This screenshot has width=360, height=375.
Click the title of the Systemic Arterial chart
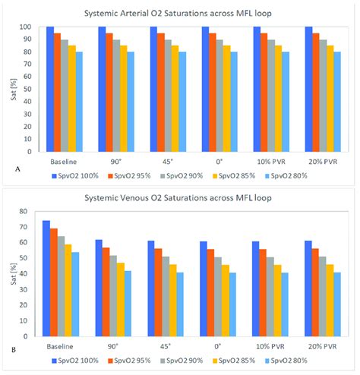click(178, 13)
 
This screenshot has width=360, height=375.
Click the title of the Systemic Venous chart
click(178, 197)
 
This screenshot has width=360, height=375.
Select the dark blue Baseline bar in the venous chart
click(46, 279)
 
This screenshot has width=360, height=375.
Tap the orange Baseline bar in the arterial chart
click(57, 93)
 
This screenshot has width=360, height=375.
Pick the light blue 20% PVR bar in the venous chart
click(337, 304)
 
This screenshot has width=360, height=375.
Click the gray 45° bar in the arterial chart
click(168, 96)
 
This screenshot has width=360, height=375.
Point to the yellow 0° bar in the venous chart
click(226, 301)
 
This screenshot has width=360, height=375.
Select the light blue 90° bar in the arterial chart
click(131, 102)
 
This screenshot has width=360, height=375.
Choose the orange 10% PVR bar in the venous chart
click(263, 293)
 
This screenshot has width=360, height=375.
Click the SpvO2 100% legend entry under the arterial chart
click(75, 176)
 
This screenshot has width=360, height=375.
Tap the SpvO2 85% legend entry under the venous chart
click(234, 361)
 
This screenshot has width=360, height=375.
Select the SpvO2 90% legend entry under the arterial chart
click(182, 176)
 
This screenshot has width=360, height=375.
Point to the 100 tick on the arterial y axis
click(25, 27)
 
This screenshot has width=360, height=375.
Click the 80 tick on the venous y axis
click(23, 211)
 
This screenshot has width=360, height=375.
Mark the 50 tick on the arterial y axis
click(27, 89)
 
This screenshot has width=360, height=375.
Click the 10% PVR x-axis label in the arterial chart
click(271, 162)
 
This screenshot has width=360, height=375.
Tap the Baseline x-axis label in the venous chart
click(60, 346)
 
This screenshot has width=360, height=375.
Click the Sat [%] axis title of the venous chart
click(14, 274)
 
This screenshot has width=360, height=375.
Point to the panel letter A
click(17, 169)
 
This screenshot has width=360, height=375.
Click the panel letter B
click(14, 350)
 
